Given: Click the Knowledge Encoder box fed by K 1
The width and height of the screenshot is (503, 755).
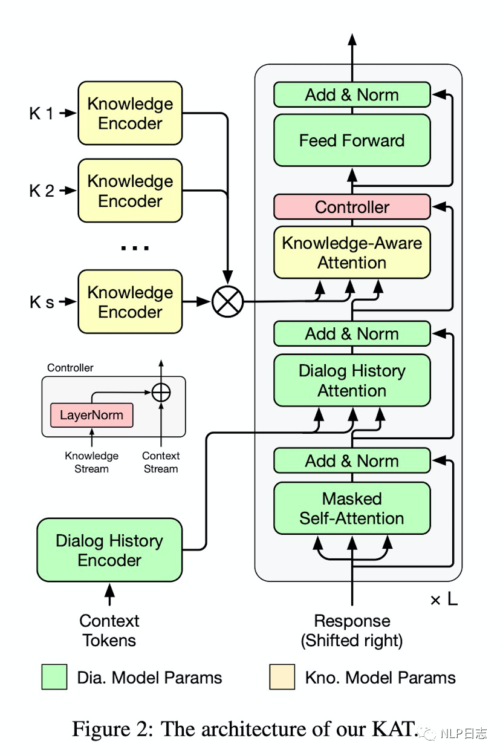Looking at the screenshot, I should point(130,113).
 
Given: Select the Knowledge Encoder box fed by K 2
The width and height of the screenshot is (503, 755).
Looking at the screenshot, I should point(130,191).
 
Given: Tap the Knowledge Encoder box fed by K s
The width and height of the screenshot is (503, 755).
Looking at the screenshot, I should point(130,301).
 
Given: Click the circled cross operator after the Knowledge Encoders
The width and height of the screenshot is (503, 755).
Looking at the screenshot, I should point(227,301).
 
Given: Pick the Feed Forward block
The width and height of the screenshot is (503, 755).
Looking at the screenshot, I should point(352,140).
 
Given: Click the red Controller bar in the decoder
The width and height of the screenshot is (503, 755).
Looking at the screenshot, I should point(352,207).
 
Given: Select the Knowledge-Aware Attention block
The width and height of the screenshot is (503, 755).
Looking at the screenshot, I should point(352,252).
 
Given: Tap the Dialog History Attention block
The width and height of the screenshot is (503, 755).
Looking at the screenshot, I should point(352,380).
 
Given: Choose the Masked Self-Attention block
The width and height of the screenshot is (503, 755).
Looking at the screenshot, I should point(352,508).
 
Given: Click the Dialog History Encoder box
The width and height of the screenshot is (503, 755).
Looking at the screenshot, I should point(109,550).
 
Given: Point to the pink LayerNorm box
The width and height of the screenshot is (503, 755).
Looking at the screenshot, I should point(91,416).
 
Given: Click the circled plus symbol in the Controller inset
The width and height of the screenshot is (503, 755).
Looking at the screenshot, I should point(161,393).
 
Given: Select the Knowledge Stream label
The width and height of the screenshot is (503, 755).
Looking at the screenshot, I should point(91,462).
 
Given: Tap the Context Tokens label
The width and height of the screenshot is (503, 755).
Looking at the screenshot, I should point(109,630).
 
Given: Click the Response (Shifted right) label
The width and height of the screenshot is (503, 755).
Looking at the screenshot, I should point(352,630).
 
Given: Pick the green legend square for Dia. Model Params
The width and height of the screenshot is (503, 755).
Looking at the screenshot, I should point(54,677).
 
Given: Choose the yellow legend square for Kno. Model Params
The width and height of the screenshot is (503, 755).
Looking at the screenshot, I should point(282,677).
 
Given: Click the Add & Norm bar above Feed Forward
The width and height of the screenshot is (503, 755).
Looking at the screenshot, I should point(352,95).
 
